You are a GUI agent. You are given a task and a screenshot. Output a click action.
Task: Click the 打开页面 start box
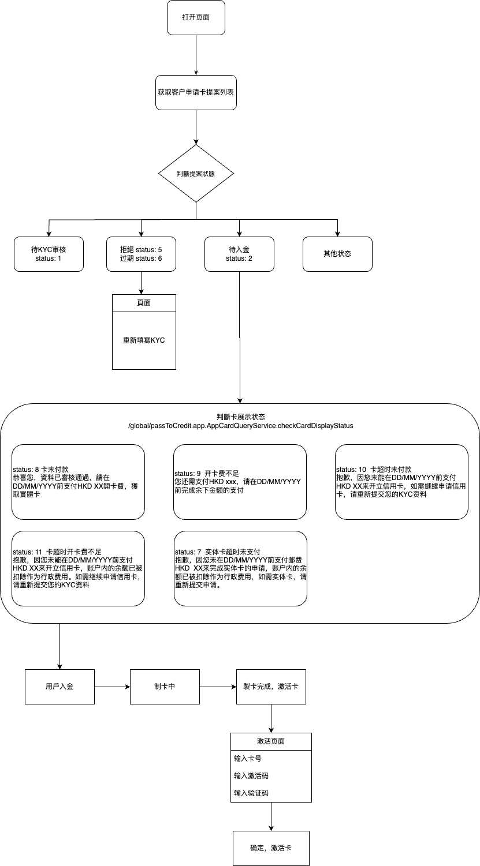pyautogui.click(x=196, y=17)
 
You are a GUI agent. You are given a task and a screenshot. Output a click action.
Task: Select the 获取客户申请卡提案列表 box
pyautogui.click(x=196, y=92)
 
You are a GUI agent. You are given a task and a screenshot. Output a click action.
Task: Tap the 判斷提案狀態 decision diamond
pyautogui.click(x=196, y=173)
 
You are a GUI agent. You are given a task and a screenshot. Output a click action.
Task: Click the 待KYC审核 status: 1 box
pyautogui.click(x=49, y=254)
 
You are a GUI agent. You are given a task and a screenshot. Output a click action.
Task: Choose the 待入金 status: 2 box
pyautogui.click(x=239, y=254)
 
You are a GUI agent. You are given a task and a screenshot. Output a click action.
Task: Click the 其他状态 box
pyautogui.click(x=337, y=254)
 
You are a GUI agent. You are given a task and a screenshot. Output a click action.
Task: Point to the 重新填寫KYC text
pyautogui.click(x=144, y=340)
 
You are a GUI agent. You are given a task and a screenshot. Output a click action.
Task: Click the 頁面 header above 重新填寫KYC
pyautogui.click(x=144, y=303)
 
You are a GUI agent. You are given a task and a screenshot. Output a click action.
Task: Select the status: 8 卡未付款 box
pyautogui.click(x=78, y=482)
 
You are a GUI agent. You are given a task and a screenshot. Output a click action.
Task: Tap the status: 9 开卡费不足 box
pyautogui.click(x=240, y=482)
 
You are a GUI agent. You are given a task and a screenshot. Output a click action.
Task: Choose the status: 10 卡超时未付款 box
pyautogui.click(x=401, y=482)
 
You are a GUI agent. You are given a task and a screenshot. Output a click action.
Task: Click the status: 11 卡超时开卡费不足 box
pyautogui.click(x=78, y=568)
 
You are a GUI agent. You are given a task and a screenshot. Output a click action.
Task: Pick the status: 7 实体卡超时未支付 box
pyautogui.click(x=240, y=568)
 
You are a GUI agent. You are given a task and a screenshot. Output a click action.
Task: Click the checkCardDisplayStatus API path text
pyautogui.click(x=241, y=426)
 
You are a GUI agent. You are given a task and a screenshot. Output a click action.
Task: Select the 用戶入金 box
pyautogui.click(x=59, y=687)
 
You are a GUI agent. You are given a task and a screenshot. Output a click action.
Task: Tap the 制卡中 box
pyautogui.click(x=165, y=687)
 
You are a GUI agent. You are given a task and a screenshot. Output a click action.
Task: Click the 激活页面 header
pyautogui.click(x=271, y=741)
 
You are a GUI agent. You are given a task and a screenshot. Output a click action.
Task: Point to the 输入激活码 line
pyautogui.click(x=251, y=776)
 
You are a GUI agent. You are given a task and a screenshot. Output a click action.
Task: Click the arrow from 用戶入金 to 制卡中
pyautogui.click(x=112, y=687)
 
